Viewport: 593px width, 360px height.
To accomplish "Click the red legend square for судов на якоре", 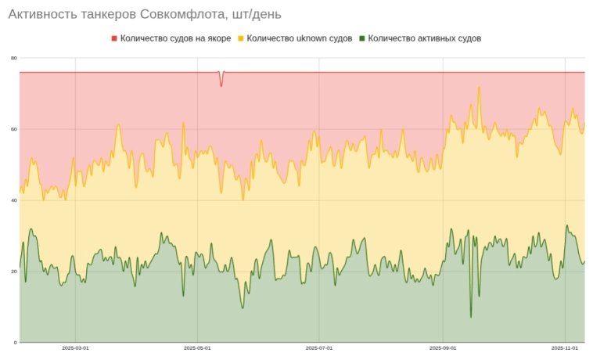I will [x=114, y=38].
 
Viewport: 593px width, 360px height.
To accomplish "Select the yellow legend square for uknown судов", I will [x=241, y=38].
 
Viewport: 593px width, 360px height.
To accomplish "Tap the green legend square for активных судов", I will [x=361, y=38].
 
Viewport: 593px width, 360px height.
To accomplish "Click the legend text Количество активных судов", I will [x=424, y=38].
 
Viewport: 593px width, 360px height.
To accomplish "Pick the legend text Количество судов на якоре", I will [x=175, y=38].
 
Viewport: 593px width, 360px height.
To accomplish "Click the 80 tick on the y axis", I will [x=13, y=58].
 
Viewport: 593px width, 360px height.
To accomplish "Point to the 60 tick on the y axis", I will [x=13, y=129].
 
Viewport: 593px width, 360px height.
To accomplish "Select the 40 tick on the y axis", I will [x=13, y=200].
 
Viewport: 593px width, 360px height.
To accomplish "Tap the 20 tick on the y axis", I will [x=13, y=272].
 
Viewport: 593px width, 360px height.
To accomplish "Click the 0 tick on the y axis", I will [x=15, y=343].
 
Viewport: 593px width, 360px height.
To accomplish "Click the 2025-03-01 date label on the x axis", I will [x=75, y=348].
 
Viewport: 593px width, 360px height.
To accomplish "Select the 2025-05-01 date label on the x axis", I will [x=197, y=348].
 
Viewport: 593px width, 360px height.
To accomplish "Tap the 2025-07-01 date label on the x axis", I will [x=319, y=348].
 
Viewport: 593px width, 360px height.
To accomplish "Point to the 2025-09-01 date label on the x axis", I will [x=443, y=348].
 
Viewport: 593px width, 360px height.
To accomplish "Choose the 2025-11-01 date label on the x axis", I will [x=564, y=348].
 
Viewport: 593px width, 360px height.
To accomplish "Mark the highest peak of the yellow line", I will [x=479, y=88].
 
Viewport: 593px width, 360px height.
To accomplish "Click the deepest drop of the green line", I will [x=471, y=316].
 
